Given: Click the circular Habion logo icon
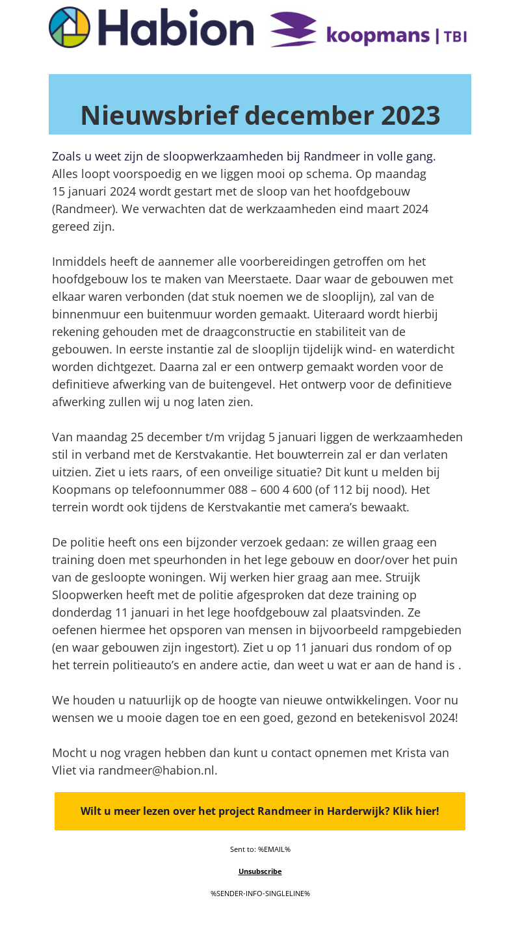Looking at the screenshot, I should coord(70,27).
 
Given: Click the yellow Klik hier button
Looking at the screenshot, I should coord(260,811).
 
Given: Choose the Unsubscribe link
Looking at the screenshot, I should coord(260,871).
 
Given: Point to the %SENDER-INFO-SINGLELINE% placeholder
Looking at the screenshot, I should coord(260,894).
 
